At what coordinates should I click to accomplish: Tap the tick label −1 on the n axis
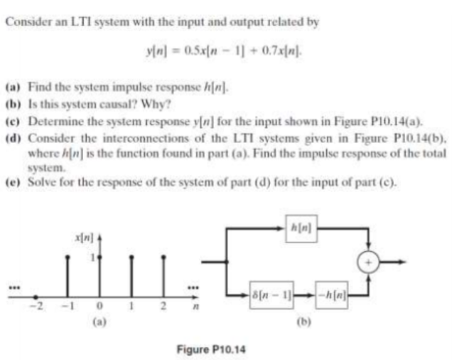pyautogui.click(x=64, y=306)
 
